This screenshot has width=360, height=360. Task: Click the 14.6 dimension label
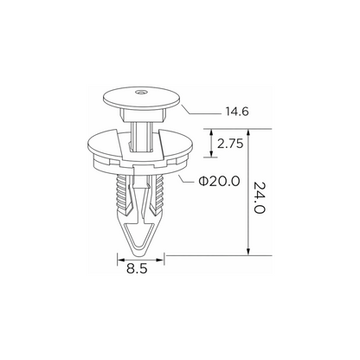click(236, 112)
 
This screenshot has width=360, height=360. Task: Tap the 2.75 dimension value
click(230, 144)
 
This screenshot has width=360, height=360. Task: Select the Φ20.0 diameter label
click(219, 181)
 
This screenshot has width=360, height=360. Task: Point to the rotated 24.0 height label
click(259, 197)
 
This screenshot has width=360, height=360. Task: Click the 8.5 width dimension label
click(137, 269)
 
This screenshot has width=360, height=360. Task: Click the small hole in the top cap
click(141, 93)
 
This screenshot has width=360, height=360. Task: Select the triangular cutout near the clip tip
click(139, 236)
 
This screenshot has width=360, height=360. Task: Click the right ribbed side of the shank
click(159, 193)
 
